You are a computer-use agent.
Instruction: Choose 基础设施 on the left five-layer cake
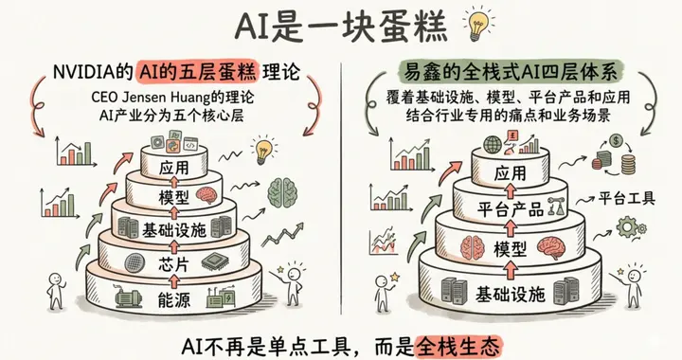click(169, 227)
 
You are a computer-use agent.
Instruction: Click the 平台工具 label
click(624, 199)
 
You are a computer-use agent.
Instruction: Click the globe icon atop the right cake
click(493, 146)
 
